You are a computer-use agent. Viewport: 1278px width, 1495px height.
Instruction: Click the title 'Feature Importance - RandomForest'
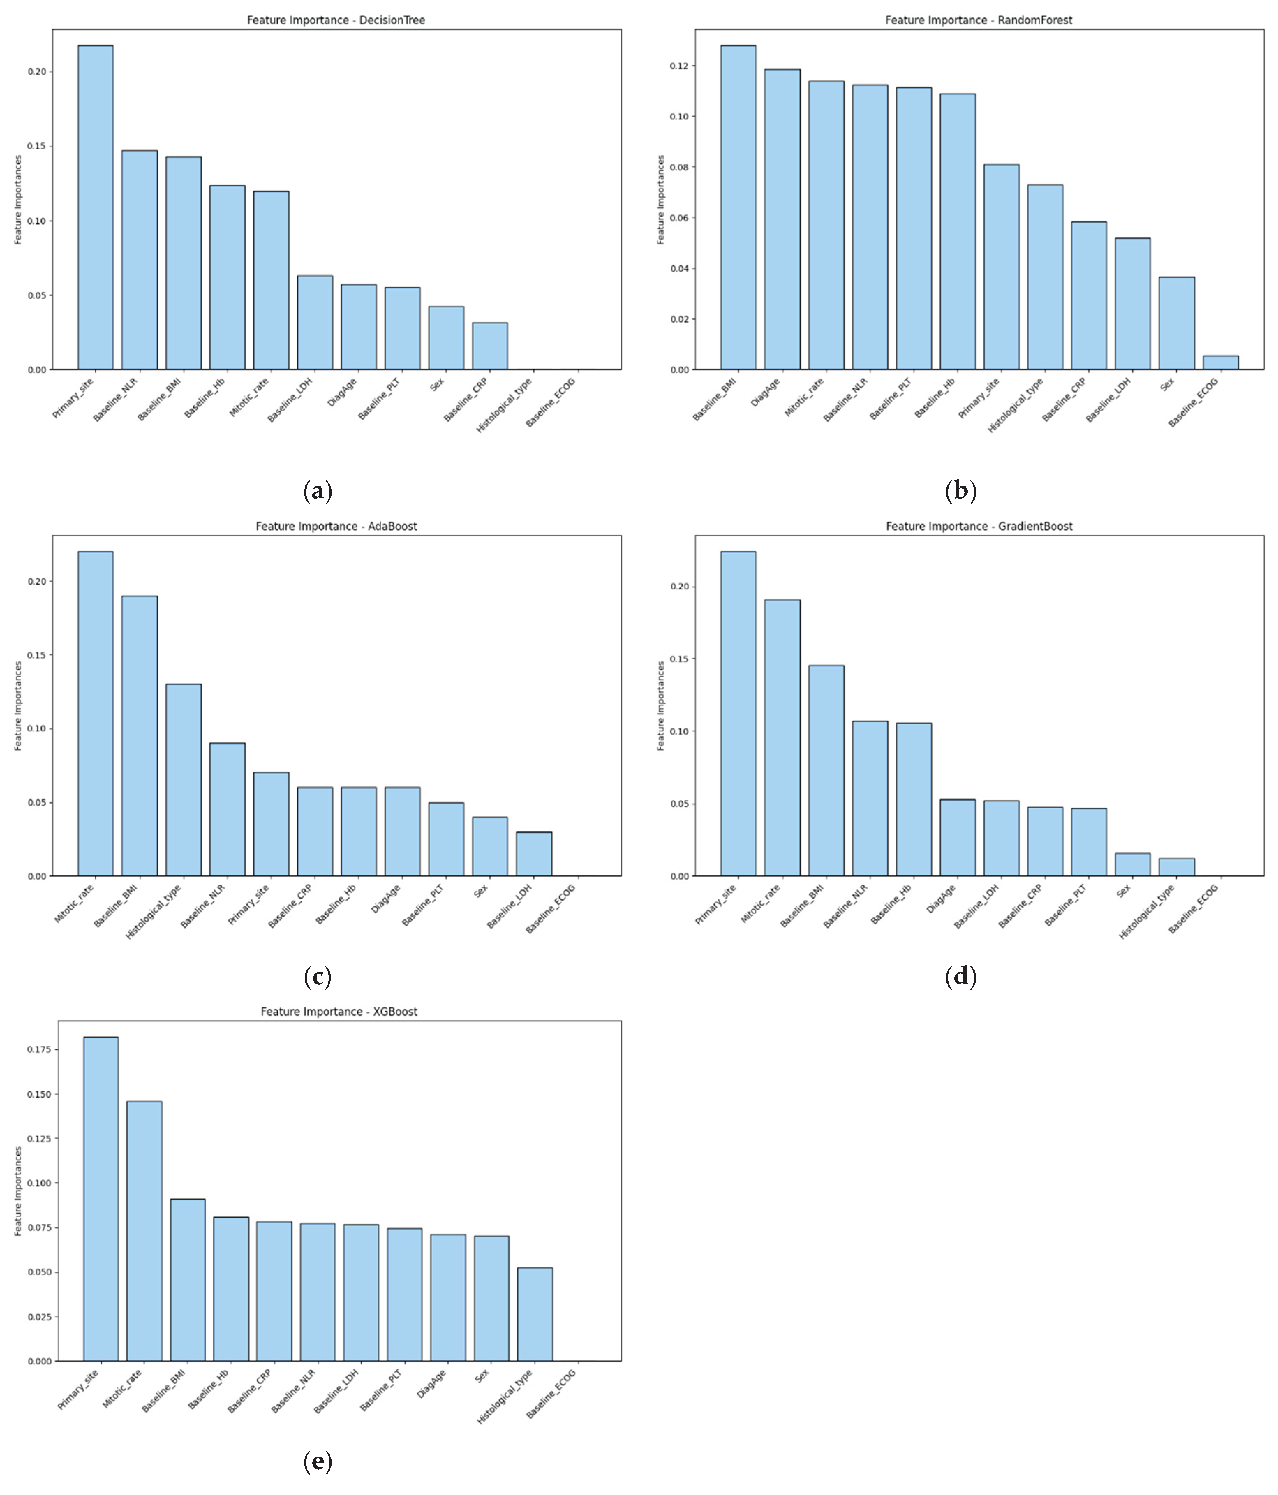click(979, 20)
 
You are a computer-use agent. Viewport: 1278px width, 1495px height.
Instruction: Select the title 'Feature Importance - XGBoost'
click(339, 1012)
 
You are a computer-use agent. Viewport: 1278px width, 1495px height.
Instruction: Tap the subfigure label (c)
click(318, 978)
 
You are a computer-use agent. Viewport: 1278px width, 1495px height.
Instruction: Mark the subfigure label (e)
click(318, 1463)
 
